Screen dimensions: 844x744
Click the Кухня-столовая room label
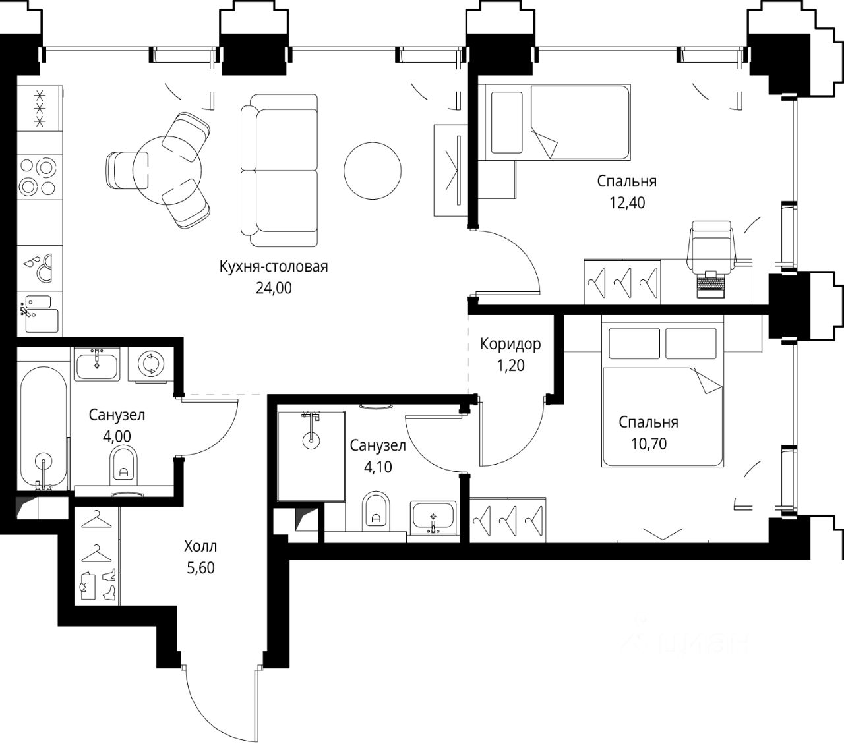pyautogui.click(x=274, y=266)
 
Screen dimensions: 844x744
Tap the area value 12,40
pyautogui.click(x=627, y=203)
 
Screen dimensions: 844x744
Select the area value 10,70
pyautogui.click(x=649, y=444)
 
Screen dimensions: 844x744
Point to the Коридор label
pyautogui.click(x=510, y=344)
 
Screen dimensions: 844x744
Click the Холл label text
pyautogui.click(x=200, y=546)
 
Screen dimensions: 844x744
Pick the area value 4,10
pyautogui.click(x=378, y=467)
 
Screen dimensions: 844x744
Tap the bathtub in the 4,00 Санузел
pyautogui.click(x=43, y=427)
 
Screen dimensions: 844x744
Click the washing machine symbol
pyautogui.click(x=150, y=364)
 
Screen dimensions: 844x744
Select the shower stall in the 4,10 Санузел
pyautogui.click(x=311, y=456)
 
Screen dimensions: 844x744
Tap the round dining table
pyautogui.click(x=167, y=170)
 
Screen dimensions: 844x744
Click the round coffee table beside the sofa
pyautogui.click(x=373, y=171)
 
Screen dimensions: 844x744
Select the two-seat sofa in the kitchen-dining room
pyautogui.click(x=279, y=170)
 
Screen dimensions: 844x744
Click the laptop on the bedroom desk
pyautogui.click(x=711, y=285)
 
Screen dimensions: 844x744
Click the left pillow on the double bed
pyautogui.click(x=634, y=343)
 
